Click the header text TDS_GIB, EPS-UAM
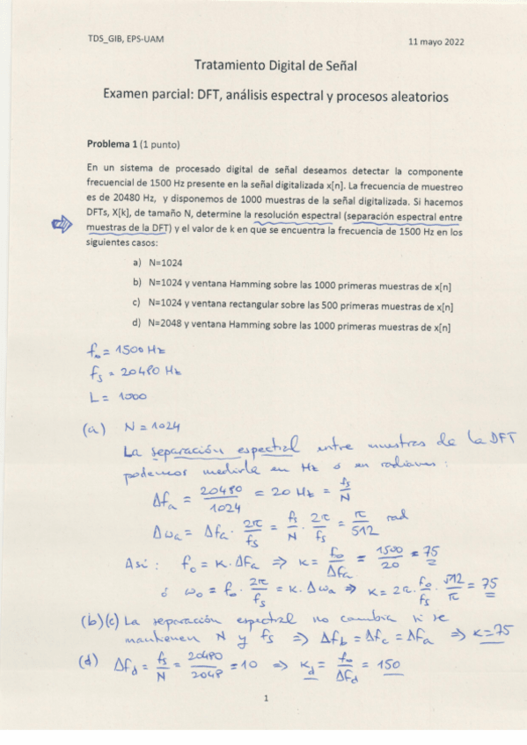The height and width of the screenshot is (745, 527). click(126, 40)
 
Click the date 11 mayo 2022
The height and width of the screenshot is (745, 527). click(437, 41)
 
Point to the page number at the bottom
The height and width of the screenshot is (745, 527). click(265, 698)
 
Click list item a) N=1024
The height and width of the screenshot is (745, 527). click(157, 263)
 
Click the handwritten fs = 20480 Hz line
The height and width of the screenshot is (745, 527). click(128, 374)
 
